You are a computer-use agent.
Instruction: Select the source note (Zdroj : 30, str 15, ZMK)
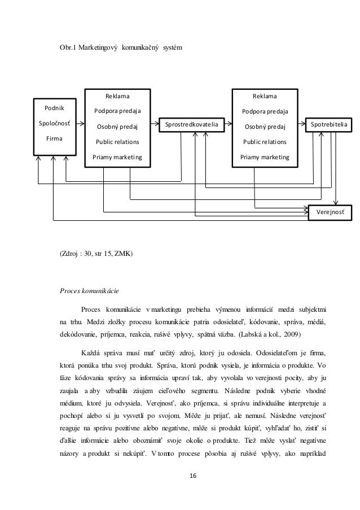[x=96, y=254]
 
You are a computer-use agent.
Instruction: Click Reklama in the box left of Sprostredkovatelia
[x=118, y=96]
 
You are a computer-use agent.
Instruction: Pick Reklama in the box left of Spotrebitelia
[x=265, y=96]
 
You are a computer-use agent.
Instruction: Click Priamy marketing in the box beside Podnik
[x=118, y=156]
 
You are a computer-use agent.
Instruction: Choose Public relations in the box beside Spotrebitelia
[x=265, y=141]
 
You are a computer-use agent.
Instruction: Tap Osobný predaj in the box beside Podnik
[x=118, y=126]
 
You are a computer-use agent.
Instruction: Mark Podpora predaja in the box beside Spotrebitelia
[x=265, y=111]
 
